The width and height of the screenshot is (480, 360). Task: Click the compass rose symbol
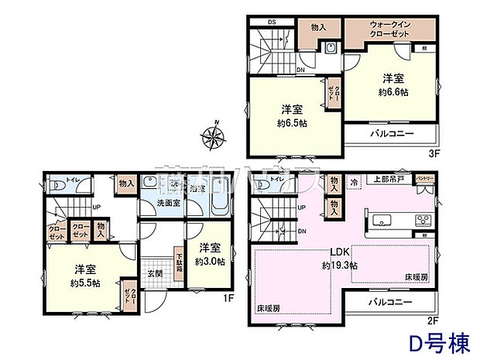212,136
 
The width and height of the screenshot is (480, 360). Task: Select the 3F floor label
434,153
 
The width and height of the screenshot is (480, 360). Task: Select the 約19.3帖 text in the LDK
341,265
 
